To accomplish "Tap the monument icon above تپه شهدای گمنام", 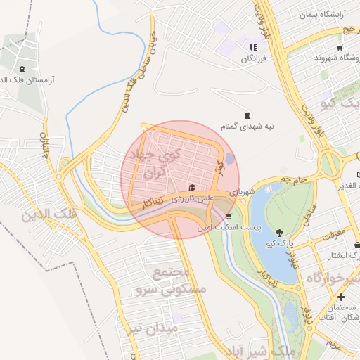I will [x=246, y=115].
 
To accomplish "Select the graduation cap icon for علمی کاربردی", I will [x=192, y=187].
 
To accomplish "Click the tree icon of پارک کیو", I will [x=280, y=232].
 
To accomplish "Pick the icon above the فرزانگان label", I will [x=253, y=47].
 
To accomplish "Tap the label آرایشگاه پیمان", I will [x=323, y=14].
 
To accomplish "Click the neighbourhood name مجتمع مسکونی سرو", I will [x=179, y=280].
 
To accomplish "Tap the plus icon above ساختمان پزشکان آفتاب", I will [x=341, y=297].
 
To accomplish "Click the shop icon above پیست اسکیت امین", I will [x=229, y=217].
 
